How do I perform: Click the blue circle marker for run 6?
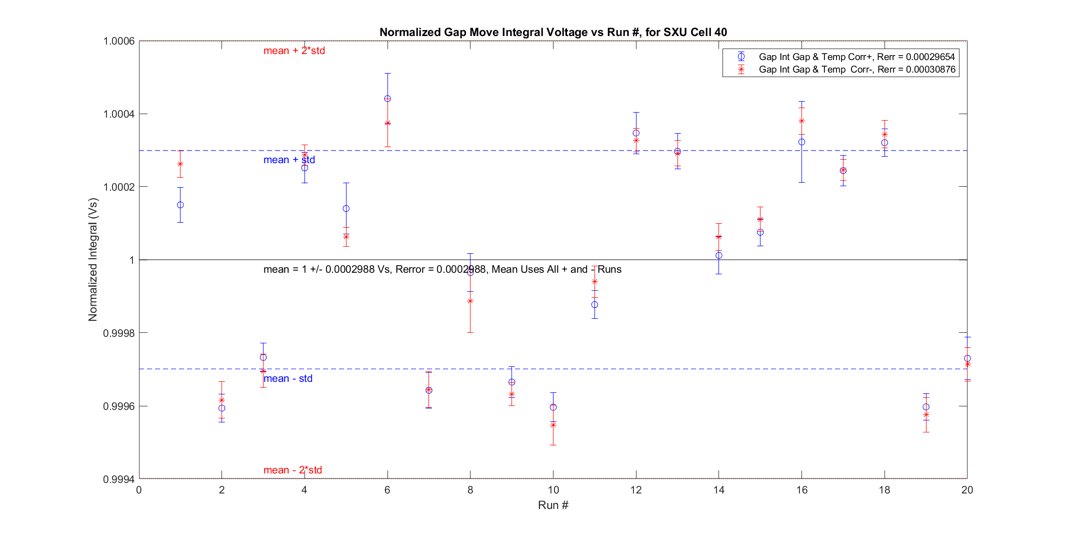387,99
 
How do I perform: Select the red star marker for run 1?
180,164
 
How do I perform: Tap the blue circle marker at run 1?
180,205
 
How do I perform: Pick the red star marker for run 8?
470,301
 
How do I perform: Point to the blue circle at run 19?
926,407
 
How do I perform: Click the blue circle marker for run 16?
801,142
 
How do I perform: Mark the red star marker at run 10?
553,425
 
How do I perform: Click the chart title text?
553,32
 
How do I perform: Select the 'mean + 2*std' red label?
294,51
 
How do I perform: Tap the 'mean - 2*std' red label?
292,470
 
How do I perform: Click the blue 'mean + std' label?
289,160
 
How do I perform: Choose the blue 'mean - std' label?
288,378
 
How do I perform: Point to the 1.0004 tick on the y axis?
119,114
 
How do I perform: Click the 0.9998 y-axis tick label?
119,333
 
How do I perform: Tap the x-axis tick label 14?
718,490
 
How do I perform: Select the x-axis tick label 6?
387,490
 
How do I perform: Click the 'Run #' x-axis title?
553,505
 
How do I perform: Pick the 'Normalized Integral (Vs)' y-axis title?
93,260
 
